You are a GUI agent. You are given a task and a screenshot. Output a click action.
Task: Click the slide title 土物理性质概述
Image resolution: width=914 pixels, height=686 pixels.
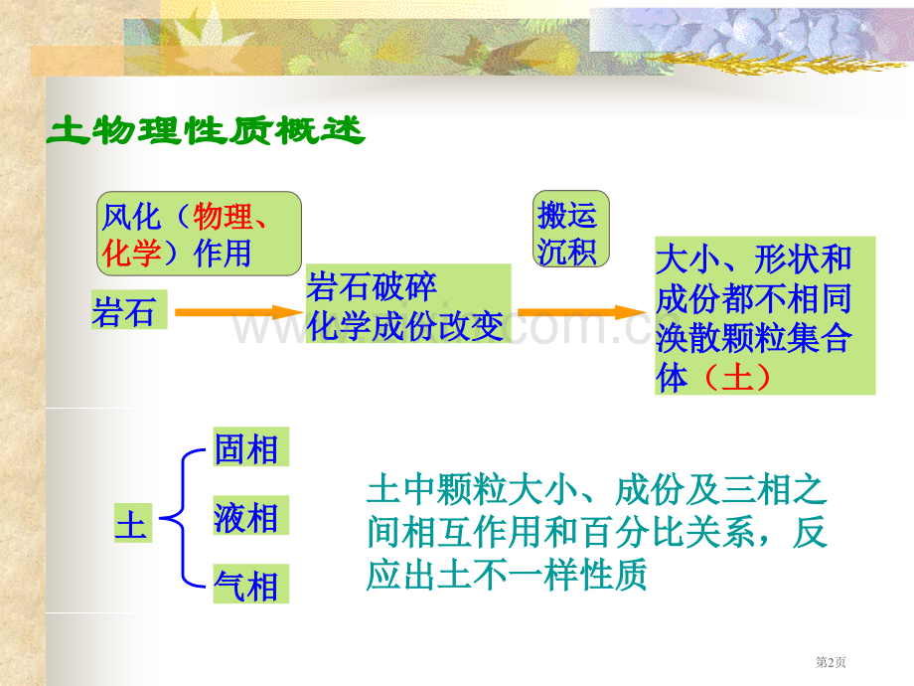[x=206, y=130]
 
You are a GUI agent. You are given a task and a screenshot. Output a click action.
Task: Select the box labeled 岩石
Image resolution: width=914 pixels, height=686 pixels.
[x=129, y=310]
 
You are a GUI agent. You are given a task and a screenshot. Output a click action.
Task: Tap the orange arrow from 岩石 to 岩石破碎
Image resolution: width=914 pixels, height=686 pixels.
[x=239, y=312]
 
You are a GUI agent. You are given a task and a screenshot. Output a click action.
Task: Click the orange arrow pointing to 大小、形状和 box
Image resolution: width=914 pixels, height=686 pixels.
[x=582, y=312]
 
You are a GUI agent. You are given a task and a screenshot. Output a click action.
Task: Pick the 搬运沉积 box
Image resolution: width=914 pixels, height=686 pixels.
[x=570, y=229]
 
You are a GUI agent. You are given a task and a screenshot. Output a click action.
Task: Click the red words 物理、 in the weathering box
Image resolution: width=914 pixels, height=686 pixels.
[x=229, y=217]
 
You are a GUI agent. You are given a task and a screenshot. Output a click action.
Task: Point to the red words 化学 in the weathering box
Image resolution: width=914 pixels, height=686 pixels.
[x=131, y=254]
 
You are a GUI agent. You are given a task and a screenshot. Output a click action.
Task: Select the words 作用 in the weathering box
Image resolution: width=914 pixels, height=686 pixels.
[x=223, y=254]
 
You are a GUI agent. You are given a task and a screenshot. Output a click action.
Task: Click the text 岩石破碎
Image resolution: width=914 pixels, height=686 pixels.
[x=372, y=286]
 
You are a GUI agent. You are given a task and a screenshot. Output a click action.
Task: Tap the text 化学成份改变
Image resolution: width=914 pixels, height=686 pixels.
[x=405, y=325]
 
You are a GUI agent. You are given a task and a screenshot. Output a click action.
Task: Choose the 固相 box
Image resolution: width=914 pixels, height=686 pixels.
[x=250, y=446]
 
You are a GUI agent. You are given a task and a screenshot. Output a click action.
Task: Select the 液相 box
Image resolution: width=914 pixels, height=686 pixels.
[x=250, y=515]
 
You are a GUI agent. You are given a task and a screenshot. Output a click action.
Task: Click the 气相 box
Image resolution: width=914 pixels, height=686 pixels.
[x=250, y=584]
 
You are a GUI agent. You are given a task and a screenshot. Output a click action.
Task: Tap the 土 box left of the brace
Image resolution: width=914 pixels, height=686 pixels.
[x=133, y=523]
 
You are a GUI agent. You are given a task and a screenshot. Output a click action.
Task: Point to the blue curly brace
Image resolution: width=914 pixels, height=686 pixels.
[x=183, y=517]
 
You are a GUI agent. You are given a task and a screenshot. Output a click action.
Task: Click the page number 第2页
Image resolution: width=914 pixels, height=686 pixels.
[x=831, y=662]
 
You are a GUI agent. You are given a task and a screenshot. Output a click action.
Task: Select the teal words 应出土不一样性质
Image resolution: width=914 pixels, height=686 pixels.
[x=507, y=574]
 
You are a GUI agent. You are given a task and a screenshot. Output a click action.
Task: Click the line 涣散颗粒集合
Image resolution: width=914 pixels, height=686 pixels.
[x=753, y=337]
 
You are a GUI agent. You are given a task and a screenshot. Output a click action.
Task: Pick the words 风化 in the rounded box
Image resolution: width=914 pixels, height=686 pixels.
[x=131, y=217]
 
